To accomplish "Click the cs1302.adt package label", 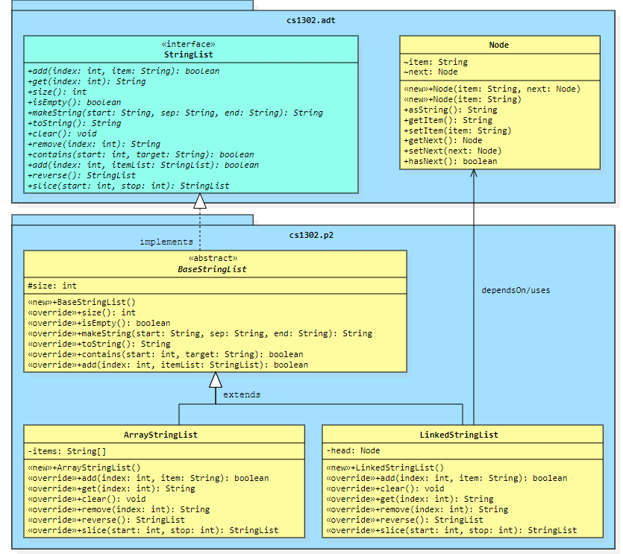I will pos(311,20).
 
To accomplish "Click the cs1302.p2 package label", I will pos(311,235).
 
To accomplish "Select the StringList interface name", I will pos(190,54).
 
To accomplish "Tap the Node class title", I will pos(499,45).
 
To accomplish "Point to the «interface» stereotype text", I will pos(190,44).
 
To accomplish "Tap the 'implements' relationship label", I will pos(166,242).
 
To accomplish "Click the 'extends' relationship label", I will pos(242,394).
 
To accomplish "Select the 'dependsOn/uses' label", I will pos(516,290).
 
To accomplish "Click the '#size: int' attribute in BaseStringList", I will pos(52,285).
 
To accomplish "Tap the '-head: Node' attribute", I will pos(353,450).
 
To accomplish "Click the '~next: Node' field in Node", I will pos(431,72).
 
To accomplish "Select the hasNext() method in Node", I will pos(450,161).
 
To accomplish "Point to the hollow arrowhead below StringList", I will pos(199,200).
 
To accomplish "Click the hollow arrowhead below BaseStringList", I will pos(216,380).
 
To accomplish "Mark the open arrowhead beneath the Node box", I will pos(473,174).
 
